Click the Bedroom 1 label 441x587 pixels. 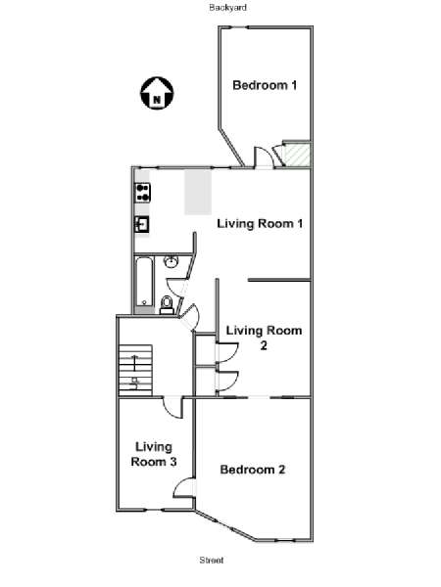click(x=265, y=85)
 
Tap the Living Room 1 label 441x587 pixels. click(x=260, y=223)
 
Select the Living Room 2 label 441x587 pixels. click(x=264, y=338)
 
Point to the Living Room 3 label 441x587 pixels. click(x=154, y=454)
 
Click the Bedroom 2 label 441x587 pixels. click(x=253, y=470)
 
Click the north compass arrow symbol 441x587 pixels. click(x=157, y=94)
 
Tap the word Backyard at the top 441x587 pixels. click(x=227, y=8)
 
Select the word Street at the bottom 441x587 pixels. click(x=212, y=560)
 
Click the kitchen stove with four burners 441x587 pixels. click(x=142, y=193)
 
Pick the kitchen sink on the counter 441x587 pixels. click(x=142, y=225)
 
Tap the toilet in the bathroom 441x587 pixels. click(x=167, y=304)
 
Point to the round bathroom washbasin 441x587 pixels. click(x=171, y=261)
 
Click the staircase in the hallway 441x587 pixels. click(x=135, y=370)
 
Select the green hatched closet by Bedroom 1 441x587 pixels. click(x=298, y=154)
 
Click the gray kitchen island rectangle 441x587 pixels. click(x=198, y=193)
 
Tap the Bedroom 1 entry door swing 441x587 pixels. click(x=264, y=158)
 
